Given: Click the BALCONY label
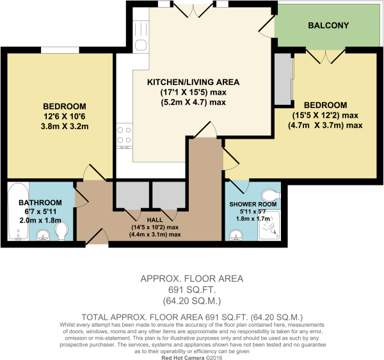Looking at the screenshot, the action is [328, 26].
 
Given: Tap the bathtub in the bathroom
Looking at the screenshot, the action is [18, 211].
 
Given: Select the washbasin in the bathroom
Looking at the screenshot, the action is [43, 235].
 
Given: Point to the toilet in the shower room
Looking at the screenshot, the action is [271, 195].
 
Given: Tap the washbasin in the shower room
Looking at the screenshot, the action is [236, 235].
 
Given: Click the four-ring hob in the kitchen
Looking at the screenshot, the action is [124, 136].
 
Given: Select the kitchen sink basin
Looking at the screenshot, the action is [141, 45].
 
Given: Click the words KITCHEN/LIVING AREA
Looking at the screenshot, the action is [193, 82].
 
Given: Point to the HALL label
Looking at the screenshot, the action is [155, 219].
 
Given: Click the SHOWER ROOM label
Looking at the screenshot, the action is [253, 204].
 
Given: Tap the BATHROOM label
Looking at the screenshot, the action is [40, 203].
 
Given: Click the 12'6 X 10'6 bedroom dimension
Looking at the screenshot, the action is [64, 116].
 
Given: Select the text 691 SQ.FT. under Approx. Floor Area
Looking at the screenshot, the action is [192, 290].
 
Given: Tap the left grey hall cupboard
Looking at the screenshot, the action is [132, 195].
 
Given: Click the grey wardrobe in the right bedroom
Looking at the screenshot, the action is [284, 79].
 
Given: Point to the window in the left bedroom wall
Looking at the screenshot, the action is [60, 50].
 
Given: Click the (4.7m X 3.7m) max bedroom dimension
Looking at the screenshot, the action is [325, 125].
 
